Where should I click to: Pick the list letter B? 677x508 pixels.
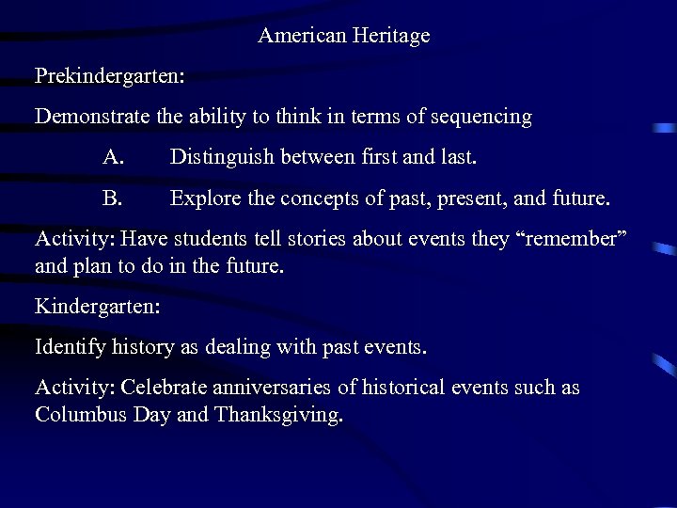pyautogui.click(x=113, y=199)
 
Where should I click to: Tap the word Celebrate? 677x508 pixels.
pyautogui.click(x=167, y=388)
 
